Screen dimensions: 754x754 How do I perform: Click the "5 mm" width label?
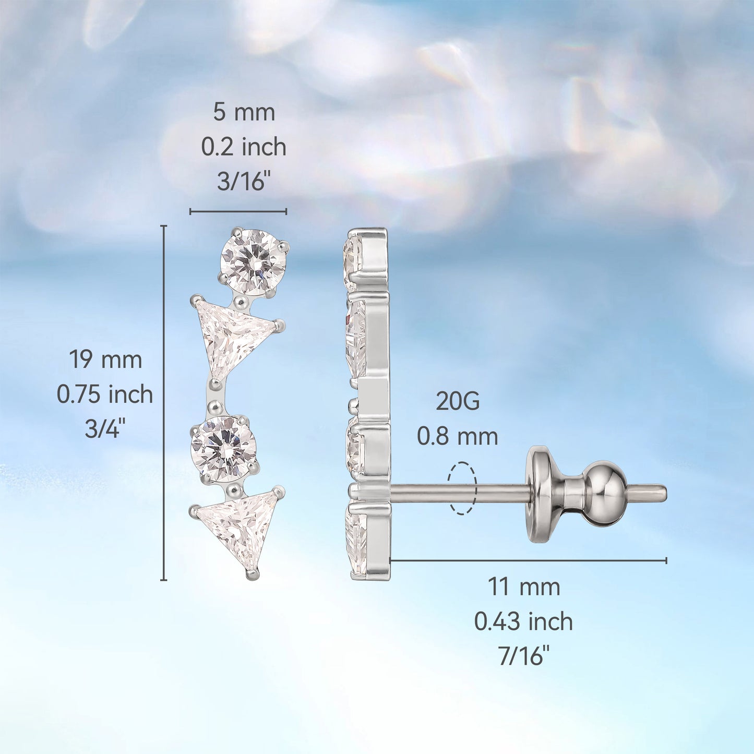click(x=244, y=113)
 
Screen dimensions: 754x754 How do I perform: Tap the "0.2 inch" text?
click(x=244, y=147)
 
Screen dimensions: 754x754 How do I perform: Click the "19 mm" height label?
click(x=105, y=360)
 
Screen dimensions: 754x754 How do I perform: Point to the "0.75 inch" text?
click(x=105, y=394)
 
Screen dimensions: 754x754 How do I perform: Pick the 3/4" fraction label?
click(x=105, y=428)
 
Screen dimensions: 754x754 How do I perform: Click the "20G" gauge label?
click(x=458, y=401)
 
